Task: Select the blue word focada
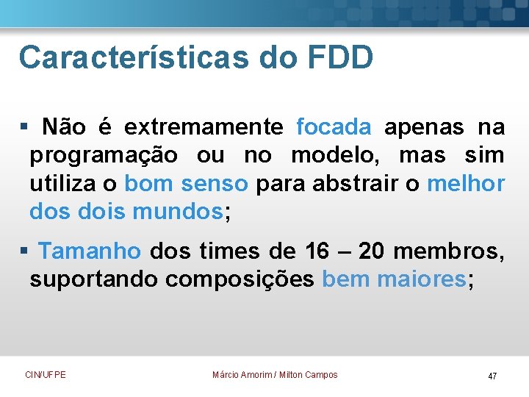[334, 127]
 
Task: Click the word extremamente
[203, 127]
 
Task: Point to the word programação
[103, 156]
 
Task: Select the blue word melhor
[466, 184]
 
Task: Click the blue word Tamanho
[90, 251]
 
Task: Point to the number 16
[317, 251]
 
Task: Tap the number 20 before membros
[372, 251]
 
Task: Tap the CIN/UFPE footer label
[46, 375]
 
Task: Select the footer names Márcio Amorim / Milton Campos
[275, 375]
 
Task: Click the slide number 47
[492, 376]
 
